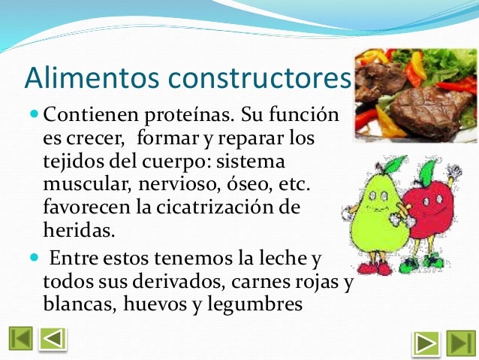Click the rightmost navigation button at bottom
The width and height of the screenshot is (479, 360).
coord(460,341)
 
